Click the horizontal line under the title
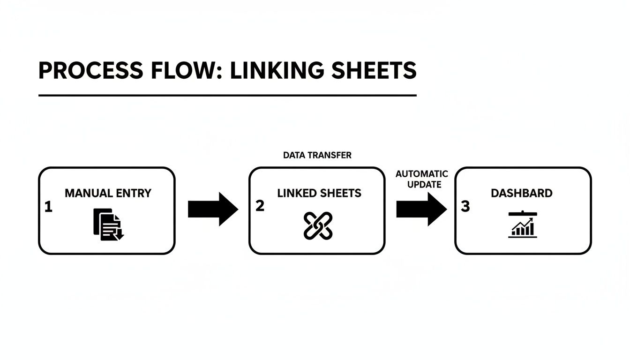[227, 96]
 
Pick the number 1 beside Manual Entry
[48, 207]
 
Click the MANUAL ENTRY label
[108, 193]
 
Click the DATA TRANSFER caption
[317, 155]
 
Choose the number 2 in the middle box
[260, 206]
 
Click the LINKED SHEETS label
[319, 193]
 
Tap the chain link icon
[318, 225]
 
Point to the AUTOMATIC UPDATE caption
[422, 179]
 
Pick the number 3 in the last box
[465, 207]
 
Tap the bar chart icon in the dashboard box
[523, 225]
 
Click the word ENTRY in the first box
[134, 193]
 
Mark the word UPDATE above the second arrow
[424, 185]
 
